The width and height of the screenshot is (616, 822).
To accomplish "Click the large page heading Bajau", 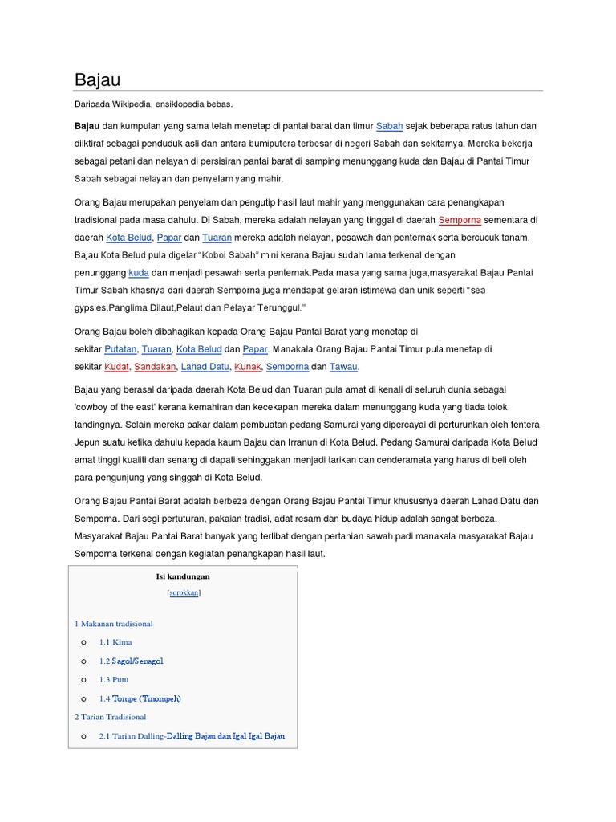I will click(x=97, y=79).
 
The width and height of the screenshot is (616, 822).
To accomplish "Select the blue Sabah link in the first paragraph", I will click(x=389, y=126).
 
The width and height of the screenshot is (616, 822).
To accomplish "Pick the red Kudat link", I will click(x=116, y=367).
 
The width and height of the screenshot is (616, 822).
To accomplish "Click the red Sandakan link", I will click(x=155, y=367).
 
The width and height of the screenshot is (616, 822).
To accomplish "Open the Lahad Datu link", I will click(x=205, y=367).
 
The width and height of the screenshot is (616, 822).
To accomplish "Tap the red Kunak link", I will click(x=248, y=367).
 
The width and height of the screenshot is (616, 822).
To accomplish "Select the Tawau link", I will click(x=343, y=367).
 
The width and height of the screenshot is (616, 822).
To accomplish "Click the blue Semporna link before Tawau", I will click(x=287, y=367).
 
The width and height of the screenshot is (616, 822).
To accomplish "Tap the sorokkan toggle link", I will click(x=184, y=592).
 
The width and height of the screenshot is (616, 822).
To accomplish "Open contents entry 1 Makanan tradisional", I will click(x=114, y=624).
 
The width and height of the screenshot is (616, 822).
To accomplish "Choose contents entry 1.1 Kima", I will click(x=115, y=642).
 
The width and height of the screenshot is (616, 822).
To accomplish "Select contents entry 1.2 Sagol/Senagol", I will click(x=131, y=661).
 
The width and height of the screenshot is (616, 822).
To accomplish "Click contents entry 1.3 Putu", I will click(x=114, y=680).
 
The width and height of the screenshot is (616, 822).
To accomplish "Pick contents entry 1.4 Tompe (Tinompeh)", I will click(x=140, y=698).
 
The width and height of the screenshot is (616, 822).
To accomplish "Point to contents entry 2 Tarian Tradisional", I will click(x=111, y=717).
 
